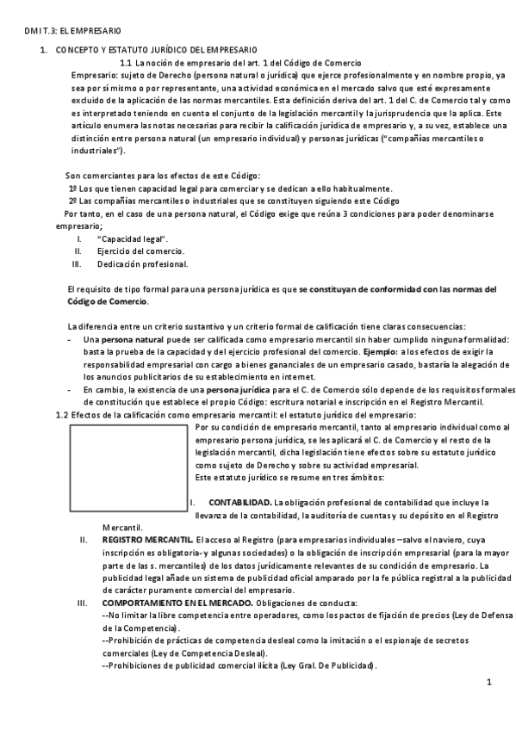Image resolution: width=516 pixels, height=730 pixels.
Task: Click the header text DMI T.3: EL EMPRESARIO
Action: click(x=62, y=30)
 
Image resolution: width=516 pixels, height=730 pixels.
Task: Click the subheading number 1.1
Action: click(x=125, y=64)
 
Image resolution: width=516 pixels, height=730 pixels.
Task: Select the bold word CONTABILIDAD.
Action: click(x=240, y=502)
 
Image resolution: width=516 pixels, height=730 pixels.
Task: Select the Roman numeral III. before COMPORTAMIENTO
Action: click(x=83, y=603)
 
